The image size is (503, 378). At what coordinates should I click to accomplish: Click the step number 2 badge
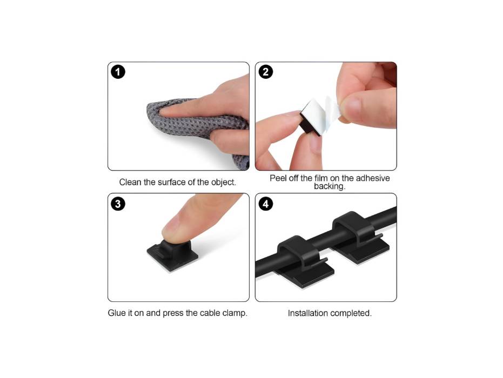(x=265, y=72)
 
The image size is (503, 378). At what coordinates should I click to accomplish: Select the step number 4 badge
(x=265, y=204)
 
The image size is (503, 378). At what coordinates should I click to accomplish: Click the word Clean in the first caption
(x=130, y=182)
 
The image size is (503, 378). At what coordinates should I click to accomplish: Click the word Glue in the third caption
(x=117, y=313)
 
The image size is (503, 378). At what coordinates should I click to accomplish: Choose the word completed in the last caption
(x=352, y=313)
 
